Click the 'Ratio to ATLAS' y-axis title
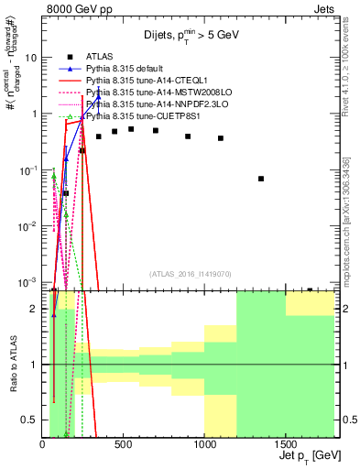click(13, 365)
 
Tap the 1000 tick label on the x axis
click(204, 444)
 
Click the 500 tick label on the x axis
click(123, 444)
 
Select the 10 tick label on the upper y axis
click(30, 58)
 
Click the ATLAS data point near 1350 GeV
click(261, 179)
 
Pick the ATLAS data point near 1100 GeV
click(221, 138)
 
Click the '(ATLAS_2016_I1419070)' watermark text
click(191, 273)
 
